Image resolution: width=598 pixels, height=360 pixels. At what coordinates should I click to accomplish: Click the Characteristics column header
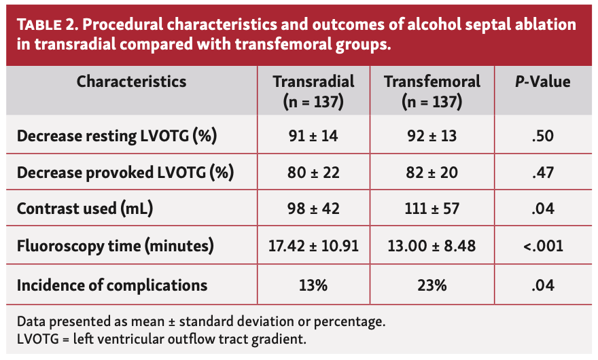(x=131, y=82)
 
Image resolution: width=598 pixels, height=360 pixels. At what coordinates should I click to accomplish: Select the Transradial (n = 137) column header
(x=313, y=92)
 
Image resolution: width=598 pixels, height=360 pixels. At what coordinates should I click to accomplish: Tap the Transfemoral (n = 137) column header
(x=432, y=92)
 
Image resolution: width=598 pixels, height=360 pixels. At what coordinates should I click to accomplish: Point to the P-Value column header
(x=542, y=82)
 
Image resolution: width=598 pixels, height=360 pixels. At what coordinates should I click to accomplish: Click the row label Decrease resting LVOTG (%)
(x=116, y=136)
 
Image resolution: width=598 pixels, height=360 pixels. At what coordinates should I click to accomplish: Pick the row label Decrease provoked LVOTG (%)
(x=125, y=173)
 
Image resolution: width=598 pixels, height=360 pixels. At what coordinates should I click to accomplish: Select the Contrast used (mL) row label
(x=85, y=209)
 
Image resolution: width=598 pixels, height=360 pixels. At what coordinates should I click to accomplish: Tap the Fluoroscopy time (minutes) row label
(x=116, y=246)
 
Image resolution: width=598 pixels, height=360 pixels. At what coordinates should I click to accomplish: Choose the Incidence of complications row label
(x=112, y=284)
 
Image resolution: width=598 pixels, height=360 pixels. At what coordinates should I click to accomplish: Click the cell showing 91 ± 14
(x=313, y=136)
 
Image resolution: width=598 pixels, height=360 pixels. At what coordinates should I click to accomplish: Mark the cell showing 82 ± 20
(x=432, y=173)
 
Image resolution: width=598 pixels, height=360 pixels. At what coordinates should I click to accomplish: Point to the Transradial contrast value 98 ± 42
(x=313, y=209)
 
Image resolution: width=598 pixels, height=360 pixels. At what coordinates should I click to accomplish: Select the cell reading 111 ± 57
(x=432, y=209)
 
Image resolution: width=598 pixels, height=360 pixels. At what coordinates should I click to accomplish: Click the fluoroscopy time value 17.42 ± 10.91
(x=313, y=246)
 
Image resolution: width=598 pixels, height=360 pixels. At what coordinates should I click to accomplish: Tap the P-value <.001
(x=542, y=246)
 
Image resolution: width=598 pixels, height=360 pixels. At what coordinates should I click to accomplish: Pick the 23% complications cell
(x=432, y=284)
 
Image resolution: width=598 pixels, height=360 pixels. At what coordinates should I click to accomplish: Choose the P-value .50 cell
(x=542, y=136)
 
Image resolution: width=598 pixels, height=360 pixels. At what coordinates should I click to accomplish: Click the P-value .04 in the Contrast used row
(x=542, y=209)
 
